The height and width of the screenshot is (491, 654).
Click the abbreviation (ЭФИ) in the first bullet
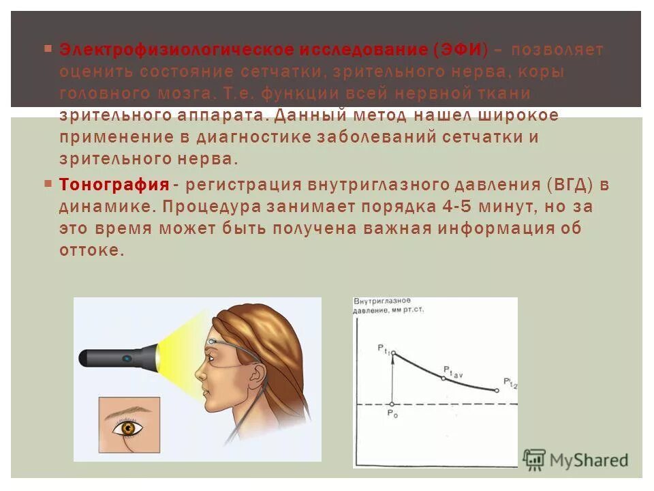click(x=461, y=50)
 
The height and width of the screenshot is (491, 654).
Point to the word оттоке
click(x=91, y=250)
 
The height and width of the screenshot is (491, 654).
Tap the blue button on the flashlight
click(x=127, y=357)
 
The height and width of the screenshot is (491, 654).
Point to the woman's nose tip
click(x=198, y=376)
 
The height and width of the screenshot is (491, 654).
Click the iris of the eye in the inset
click(x=128, y=428)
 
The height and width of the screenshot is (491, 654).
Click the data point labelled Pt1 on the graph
click(x=392, y=353)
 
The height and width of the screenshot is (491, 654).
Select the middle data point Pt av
click(x=443, y=377)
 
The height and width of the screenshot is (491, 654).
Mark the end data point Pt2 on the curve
click(x=497, y=390)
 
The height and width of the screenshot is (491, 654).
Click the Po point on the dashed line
click(x=392, y=404)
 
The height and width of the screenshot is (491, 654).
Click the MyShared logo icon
click(x=535, y=459)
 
